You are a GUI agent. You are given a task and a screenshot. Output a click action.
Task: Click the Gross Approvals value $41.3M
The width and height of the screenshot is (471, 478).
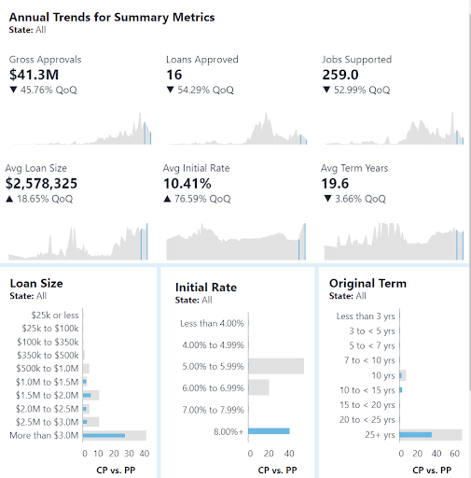coord(34,75)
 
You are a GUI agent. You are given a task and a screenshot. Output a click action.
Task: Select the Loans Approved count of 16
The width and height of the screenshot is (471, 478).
coord(174,75)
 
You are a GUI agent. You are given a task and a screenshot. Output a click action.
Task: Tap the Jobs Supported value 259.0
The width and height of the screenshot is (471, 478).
coord(340,75)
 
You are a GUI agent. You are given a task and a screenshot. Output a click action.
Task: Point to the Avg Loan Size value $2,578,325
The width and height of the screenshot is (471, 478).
coord(41,183)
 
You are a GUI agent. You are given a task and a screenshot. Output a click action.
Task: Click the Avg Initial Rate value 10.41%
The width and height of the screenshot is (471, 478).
coord(187,183)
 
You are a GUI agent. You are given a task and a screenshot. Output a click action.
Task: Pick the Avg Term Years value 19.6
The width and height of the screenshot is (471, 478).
coord(335,183)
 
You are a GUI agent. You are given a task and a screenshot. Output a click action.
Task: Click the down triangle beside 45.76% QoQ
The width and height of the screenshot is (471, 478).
coord(13,90)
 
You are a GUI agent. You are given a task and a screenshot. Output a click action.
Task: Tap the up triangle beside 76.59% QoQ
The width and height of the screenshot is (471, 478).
coord(167,199)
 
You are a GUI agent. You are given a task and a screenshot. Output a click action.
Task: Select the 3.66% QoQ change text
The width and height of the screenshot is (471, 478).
coord(360,199)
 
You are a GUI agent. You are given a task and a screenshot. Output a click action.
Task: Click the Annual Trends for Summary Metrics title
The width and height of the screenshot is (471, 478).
coord(112,17)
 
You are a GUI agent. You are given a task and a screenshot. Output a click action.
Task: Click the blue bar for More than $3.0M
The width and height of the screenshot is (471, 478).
coord(104,435)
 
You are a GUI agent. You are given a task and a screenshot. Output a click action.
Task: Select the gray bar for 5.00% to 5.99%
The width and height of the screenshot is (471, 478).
coord(276,366)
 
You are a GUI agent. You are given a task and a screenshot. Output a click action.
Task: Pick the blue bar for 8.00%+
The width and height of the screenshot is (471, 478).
coord(269,431)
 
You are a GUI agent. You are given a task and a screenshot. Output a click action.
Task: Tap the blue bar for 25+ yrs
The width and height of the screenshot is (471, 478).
coord(416,435)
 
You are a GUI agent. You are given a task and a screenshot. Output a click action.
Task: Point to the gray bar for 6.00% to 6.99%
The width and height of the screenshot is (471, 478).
coord(258,387)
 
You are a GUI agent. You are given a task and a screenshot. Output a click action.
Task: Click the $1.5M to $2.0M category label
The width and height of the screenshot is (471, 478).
coord(47,395)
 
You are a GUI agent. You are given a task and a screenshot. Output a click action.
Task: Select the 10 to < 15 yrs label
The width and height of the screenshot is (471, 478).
coord(367,390)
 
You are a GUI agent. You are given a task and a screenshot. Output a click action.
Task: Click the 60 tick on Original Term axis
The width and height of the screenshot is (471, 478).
coord(454,454)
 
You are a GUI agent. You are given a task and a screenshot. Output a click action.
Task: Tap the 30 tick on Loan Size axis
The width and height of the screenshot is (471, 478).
coord(129,454)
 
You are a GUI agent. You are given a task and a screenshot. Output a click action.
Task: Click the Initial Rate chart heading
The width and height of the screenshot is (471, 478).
coord(206,288)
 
